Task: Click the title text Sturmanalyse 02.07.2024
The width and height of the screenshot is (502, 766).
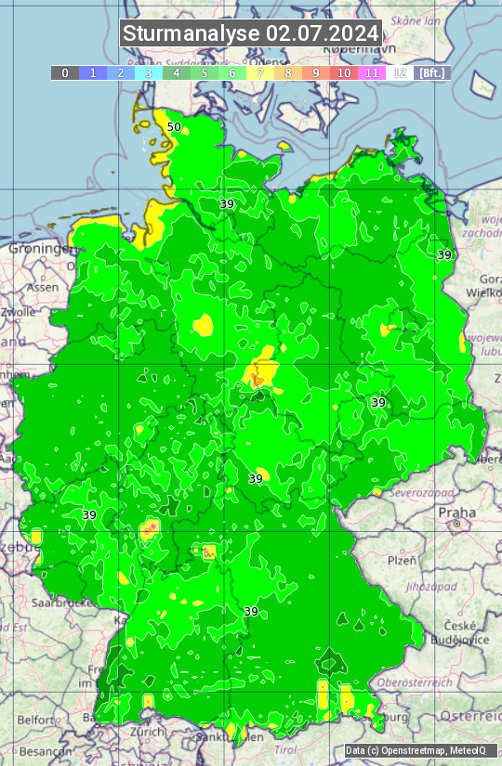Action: coord(251,33)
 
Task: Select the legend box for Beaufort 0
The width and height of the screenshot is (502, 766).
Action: coord(65,72)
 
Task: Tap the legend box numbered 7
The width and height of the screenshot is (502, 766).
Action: coord(260,72)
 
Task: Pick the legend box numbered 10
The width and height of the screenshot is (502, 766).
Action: coord(344,72)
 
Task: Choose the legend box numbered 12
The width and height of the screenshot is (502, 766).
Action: coord(400,72)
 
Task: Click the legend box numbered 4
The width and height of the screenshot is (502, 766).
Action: coord(177,72)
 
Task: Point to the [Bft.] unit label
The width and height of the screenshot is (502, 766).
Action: coord(431,72)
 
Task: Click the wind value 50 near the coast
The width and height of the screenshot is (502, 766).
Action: coord(174,127)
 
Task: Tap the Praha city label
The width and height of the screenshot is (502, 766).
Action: coord(456,513)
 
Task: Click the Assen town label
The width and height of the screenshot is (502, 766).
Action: coord(42,288)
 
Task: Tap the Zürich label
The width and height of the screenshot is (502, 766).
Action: coord(148,732)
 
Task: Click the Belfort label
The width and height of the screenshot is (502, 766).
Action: coord(36,720)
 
